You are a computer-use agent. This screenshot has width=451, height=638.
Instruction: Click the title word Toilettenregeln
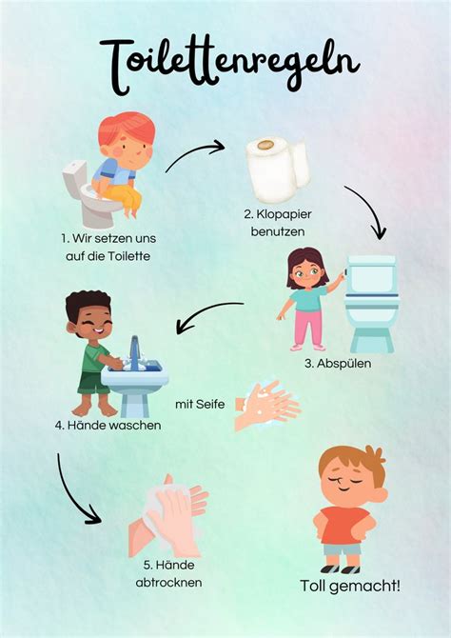click(229, 65)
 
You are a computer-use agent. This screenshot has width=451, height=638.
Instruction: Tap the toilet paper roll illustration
click(277, 169)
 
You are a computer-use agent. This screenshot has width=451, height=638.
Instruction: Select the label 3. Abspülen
click(338, 363)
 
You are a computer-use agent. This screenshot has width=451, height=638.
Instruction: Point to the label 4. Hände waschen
click(108, 426)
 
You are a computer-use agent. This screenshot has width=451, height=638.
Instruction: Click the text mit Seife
click(200, 405)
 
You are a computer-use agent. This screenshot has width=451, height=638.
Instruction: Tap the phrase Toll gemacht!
click(350, 586)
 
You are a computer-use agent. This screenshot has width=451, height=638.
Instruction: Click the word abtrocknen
click(168, 582)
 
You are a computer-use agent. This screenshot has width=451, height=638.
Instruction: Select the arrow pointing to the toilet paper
click(193, 151)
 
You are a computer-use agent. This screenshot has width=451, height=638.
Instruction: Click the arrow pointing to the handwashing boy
click(206, 312)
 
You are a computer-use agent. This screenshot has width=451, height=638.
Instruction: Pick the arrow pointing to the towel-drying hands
click(70, 495)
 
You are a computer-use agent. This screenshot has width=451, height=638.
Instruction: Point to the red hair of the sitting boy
click(127, 128)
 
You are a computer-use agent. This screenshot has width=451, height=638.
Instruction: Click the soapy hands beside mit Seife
click(267, 406)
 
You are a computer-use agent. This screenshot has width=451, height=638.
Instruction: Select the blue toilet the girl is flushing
click(371, 303)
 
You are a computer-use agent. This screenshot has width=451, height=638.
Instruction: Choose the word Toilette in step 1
click(128, 256)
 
